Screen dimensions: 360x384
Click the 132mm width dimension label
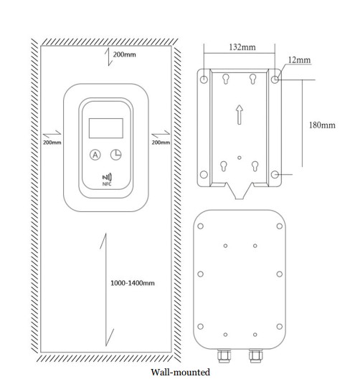[242, 47]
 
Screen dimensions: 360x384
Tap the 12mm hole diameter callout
[299, 60]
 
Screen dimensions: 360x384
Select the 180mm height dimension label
[322, 125]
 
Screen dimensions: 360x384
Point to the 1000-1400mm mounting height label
[133, 283]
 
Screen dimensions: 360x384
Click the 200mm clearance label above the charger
[124, 54]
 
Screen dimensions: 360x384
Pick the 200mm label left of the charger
[52, 143]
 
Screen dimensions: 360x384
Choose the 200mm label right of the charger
[161, 143]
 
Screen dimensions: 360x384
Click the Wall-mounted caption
[181, 373]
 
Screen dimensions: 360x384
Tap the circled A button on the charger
[95, 155]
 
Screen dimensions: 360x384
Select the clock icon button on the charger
[116, 155]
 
